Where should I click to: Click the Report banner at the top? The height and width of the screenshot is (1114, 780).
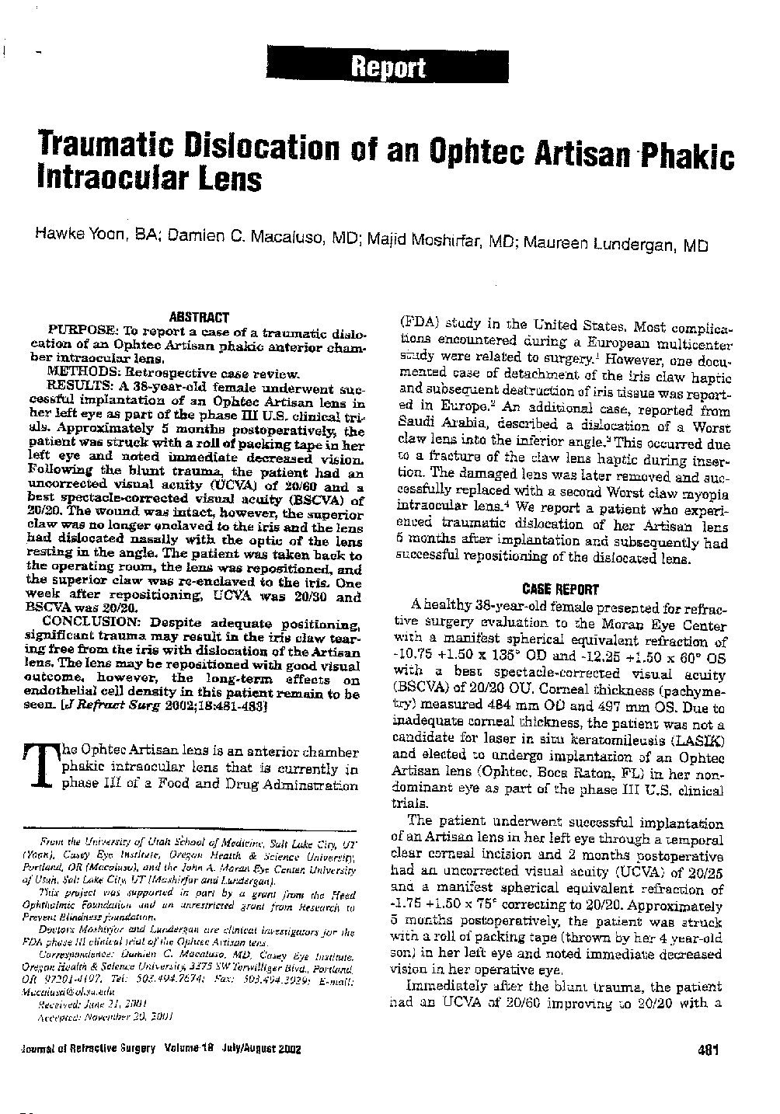389,68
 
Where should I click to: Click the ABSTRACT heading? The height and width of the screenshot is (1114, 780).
199,317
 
